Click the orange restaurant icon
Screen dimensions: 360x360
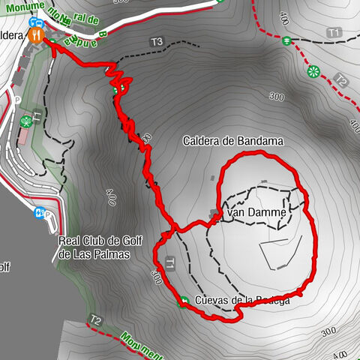coord(35,34)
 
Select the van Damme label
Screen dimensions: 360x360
coord(256,214)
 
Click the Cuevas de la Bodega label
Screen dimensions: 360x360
coord(241,301)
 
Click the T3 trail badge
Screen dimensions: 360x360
coord(156,42)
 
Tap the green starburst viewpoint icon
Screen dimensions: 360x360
coord(313,71)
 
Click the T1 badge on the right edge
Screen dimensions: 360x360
coord(334,32)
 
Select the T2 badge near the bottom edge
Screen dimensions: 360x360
coord(95,319)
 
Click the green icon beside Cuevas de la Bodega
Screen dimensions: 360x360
coord(184,301)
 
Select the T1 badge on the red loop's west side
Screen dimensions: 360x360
coord(171,262)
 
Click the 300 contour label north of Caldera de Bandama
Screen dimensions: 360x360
coord(277,97)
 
